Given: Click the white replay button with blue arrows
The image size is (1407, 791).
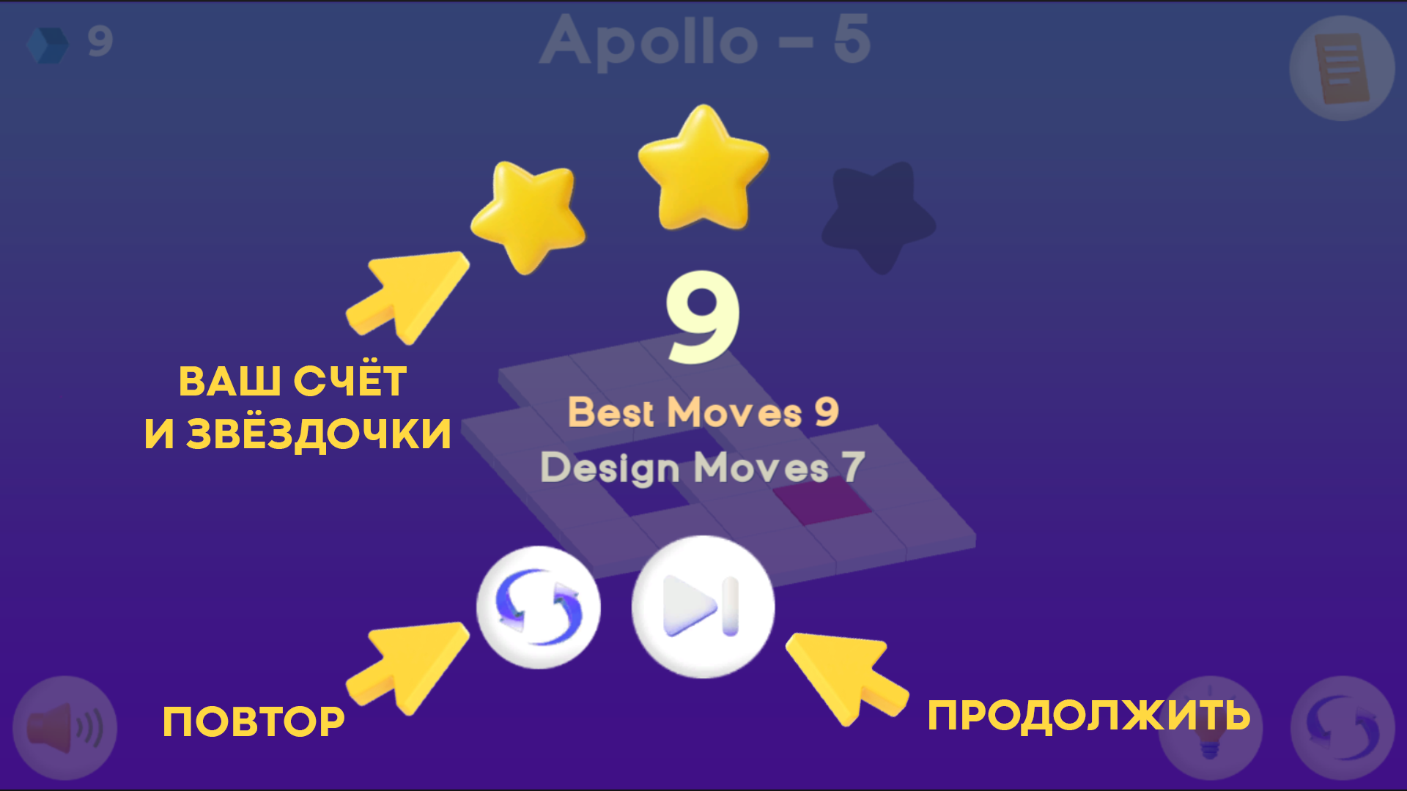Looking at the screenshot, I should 539,607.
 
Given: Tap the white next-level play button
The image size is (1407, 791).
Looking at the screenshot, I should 703,607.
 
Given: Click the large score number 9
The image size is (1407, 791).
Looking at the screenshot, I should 702,319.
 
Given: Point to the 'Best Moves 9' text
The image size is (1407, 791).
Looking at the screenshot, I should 703,412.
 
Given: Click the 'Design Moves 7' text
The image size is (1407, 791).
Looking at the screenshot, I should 703,467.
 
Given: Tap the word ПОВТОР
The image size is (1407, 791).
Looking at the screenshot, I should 254,722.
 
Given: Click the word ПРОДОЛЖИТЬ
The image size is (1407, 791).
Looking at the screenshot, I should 1089,716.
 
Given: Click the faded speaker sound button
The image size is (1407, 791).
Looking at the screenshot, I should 64,728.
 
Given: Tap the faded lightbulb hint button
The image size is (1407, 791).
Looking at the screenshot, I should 1210,728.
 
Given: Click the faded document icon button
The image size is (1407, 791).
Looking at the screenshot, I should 1342,68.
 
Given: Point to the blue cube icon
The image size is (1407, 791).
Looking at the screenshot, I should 47,44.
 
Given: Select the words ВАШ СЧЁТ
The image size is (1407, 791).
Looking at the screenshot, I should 292,381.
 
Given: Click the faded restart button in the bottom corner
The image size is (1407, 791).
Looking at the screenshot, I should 1342,728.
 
